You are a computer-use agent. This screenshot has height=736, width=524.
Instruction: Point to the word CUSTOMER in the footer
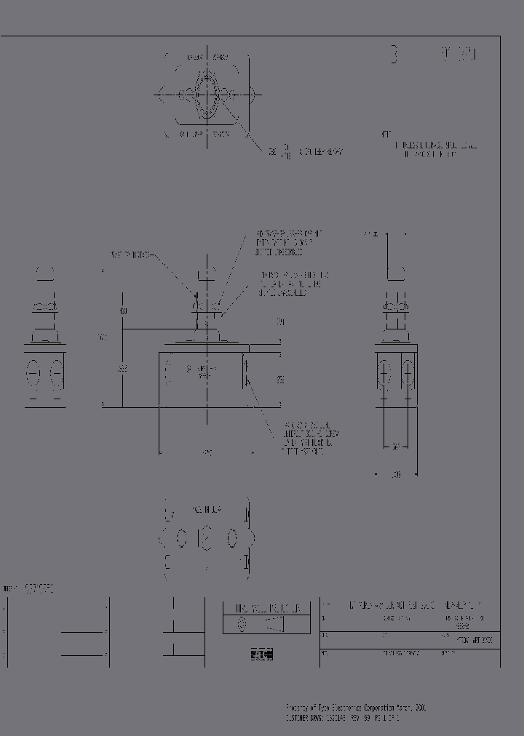click(x=298, y=716)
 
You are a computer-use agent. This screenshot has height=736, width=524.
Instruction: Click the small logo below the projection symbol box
click(x=261, y=654)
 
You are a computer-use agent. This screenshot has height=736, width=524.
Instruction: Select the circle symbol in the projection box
click(x=242, y=624)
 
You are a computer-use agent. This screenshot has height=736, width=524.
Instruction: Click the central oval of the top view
click(x=207, y=95)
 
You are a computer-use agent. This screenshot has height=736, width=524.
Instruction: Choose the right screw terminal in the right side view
click(x=408, y=375)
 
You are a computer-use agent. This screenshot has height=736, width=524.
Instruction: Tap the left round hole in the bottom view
click(x=180, y=539)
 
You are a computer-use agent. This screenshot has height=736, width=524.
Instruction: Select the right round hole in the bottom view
click(x=231, y=539)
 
